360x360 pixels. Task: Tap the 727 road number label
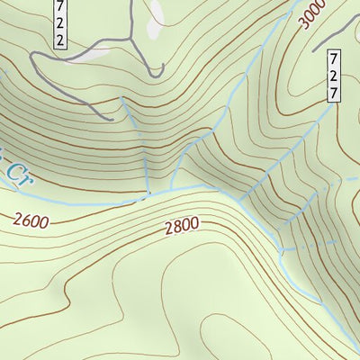tap(333, 76)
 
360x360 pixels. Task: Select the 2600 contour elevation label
tap(32, 219)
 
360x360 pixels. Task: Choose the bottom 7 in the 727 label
tap(333, 93)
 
